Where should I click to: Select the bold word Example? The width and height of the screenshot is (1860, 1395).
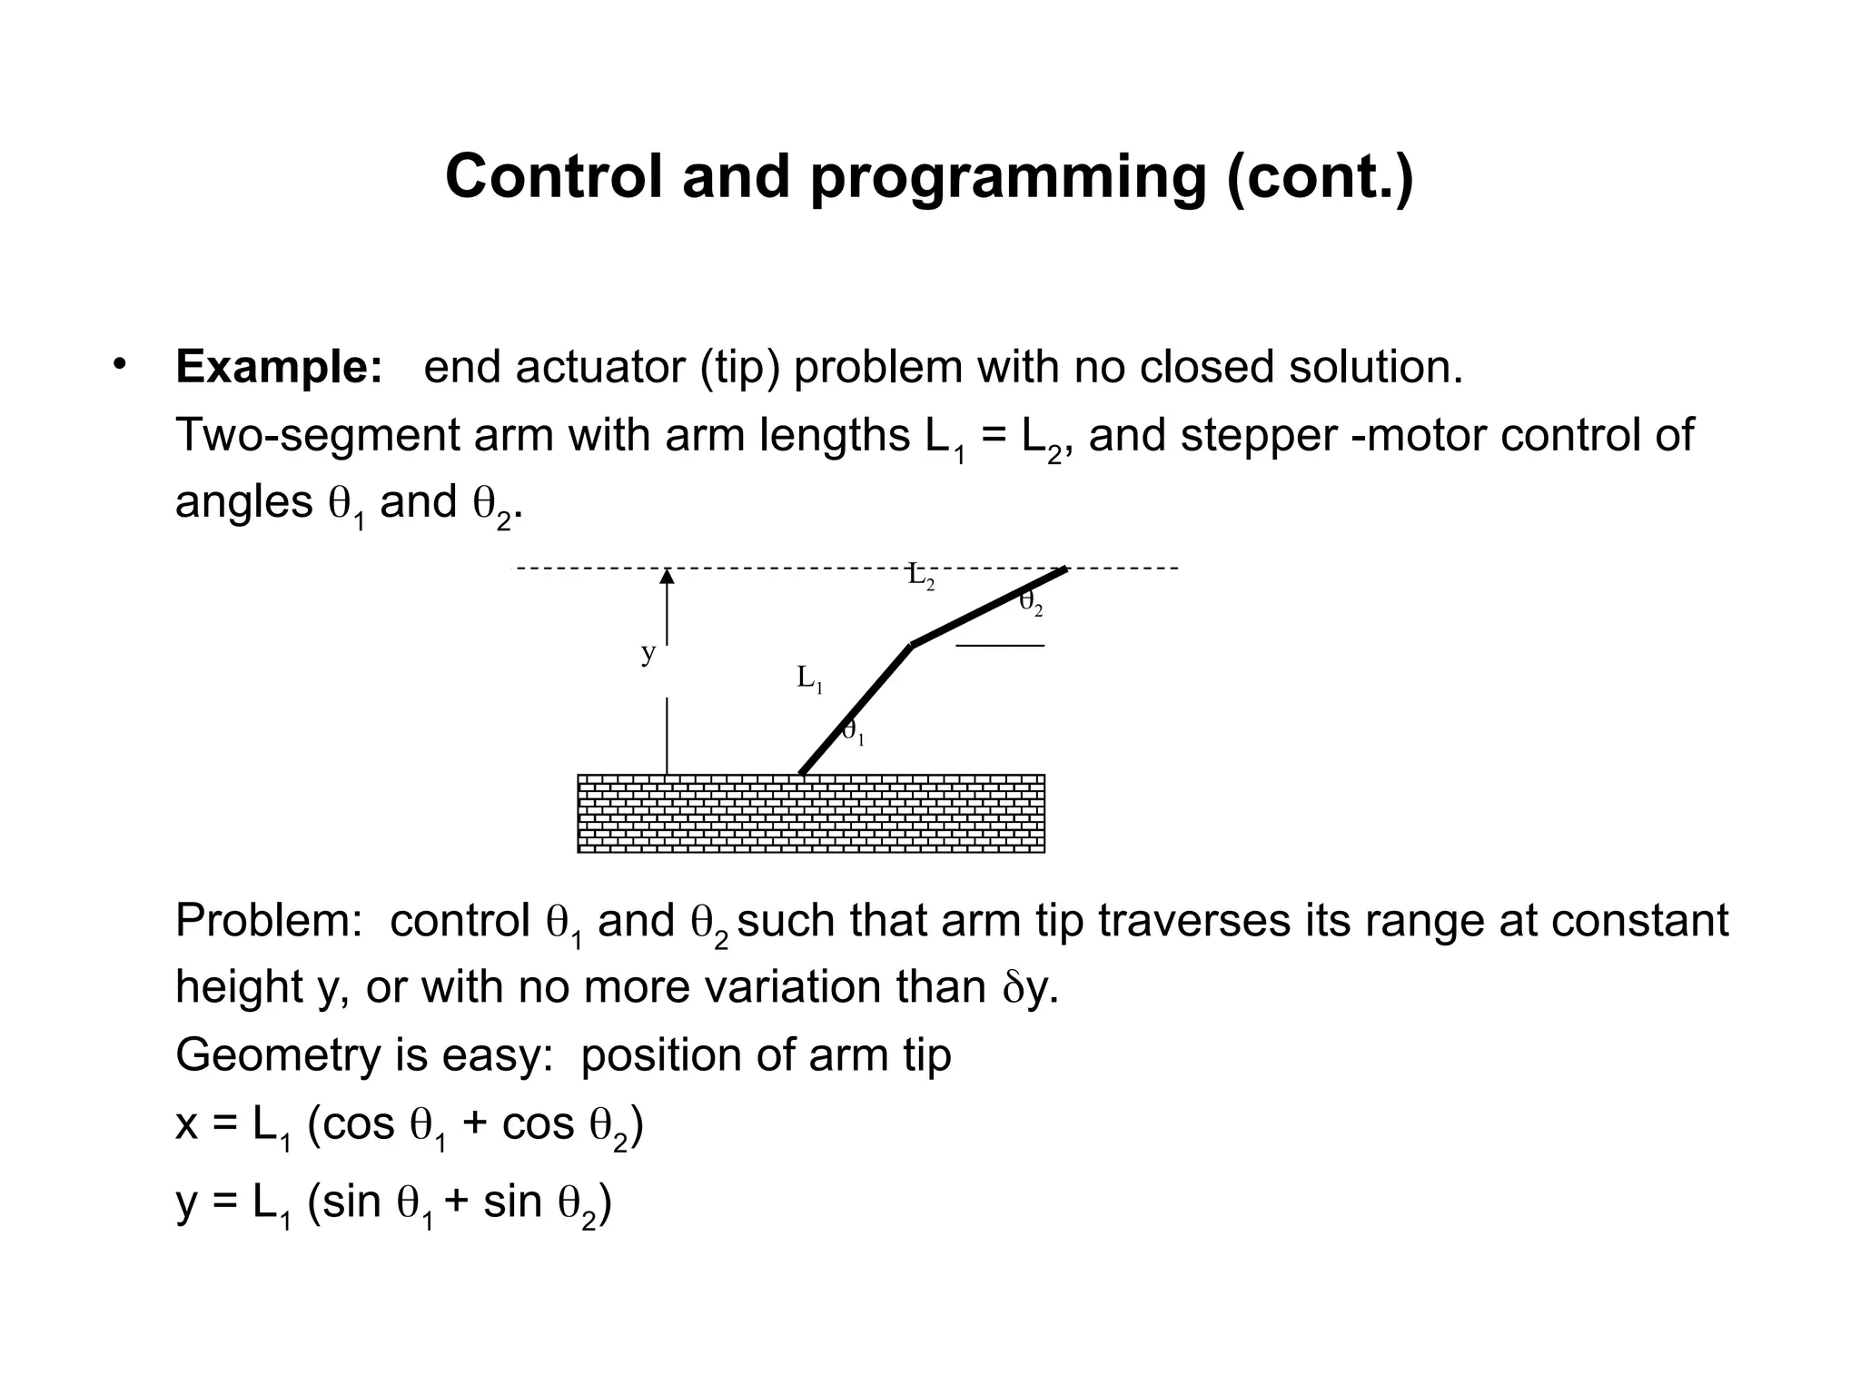coord(278,367)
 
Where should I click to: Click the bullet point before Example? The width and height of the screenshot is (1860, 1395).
coord(119,365)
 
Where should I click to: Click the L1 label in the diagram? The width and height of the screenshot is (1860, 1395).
coord(809,678)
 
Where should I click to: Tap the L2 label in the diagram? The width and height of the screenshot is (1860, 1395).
coord(921,576)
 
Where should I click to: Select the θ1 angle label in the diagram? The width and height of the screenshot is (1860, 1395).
coord(853,731)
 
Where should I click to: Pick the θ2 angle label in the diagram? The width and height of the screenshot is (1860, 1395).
coord(1031,602)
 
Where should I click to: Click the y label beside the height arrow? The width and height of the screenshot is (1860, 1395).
coord(648,653)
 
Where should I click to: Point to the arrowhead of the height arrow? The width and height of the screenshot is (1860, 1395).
coord(668,575)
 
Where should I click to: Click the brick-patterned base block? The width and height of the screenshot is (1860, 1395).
coord(811,814)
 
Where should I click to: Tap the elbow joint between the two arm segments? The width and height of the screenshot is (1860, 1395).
coord(912,645)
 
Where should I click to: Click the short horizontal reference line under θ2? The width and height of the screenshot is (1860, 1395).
coord(1000,646)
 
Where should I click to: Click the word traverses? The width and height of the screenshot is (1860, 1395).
coord(1192,921)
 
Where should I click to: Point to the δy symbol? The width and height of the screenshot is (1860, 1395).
coord(1028,988)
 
